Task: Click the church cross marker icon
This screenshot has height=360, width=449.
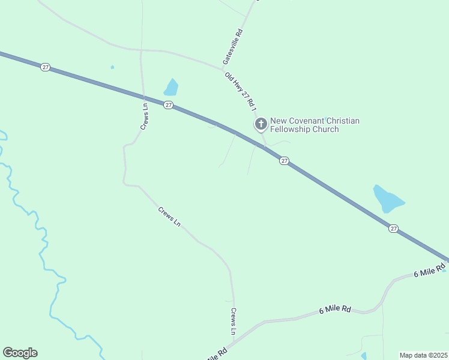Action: [261, 124]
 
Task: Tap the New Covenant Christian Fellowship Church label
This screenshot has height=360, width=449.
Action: [315, 125]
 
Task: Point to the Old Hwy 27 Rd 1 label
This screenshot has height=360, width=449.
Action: [241, 91]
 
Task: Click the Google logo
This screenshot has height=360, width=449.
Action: [20, 353]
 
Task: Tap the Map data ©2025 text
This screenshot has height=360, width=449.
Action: [423, 355]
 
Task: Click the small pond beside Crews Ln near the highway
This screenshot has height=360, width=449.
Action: [171, 88]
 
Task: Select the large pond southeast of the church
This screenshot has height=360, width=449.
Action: [387, 199]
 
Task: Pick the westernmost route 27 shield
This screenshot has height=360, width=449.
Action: [45, 67]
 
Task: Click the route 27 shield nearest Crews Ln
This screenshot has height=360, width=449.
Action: [169, 105]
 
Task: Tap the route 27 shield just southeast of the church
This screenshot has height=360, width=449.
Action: [285, 161]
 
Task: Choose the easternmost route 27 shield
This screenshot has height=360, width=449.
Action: [393, 228]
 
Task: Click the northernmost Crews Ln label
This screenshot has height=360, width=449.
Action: [144, 116]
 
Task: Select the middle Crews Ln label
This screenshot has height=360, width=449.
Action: [169, 217]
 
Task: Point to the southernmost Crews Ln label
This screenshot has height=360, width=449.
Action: [234, 322]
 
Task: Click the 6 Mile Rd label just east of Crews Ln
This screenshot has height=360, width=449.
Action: [335, 309]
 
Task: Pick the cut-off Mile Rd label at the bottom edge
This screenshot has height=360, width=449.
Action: [217, 354]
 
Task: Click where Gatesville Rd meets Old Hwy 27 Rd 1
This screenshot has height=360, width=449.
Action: [223, 69]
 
